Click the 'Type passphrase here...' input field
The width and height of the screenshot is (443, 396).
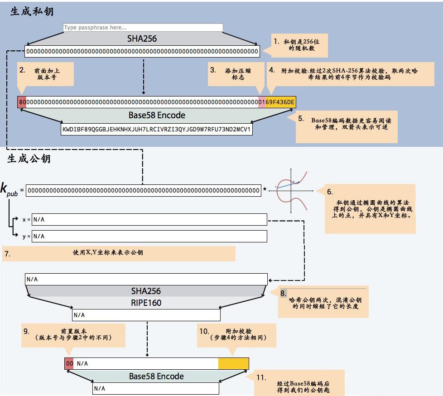pos(143,28)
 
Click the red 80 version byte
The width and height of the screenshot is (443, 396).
pos(22,102)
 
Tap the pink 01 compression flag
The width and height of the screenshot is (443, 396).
pos(261,102)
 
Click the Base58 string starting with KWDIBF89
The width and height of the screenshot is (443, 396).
pos(156,130)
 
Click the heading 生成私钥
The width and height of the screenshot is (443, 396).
pos(32,11)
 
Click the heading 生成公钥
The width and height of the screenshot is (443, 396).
pos(29,159)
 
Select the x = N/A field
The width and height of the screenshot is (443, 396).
pos(149,220)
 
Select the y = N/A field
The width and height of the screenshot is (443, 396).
pos(149,236)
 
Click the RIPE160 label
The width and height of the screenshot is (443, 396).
pos(146,303)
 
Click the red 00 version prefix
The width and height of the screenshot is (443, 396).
pos(69,363)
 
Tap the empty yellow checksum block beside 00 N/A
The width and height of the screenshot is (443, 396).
pos(233,363)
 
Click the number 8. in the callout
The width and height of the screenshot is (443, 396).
pos(283,293)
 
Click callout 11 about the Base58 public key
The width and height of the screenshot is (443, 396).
pos(299,383)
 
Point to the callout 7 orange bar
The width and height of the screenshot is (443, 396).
pos(119,253)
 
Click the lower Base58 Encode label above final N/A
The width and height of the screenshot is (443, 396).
pos(156,376)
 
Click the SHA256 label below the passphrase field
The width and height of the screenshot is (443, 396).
pos(142,39)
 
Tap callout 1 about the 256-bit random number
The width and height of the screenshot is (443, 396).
pos(299,44)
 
